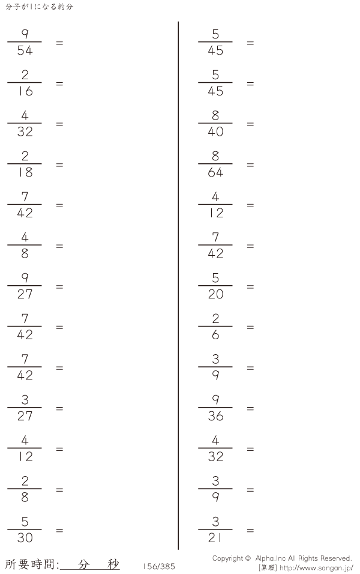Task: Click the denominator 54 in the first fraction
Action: (x=25, y=50)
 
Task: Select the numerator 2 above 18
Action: (x=25, y=156)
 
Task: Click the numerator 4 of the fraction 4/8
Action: (x=25, y=237)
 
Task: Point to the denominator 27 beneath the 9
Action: (x=25, y=294)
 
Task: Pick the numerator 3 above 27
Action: (x=25, y=400)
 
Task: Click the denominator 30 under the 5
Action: (x=25, y=538)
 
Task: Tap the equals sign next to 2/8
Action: (x=59, y=490)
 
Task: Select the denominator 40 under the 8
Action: (x=215, y=131)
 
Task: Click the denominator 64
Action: (x=215, y=172)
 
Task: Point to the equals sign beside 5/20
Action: (x=250, y=286)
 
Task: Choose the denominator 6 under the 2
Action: (x=215, y=334)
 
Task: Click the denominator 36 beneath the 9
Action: (x=215, y=416)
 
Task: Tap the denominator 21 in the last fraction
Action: (x=215, y=538)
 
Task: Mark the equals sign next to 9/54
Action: (x=59, y=43)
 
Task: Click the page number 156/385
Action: (x=159, y=566)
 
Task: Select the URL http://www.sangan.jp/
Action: (x=316, y=568)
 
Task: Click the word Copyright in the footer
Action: (x=227, y=558)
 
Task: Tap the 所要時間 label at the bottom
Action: (x=31, y=564)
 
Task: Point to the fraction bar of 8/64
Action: (x=215, y=164)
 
